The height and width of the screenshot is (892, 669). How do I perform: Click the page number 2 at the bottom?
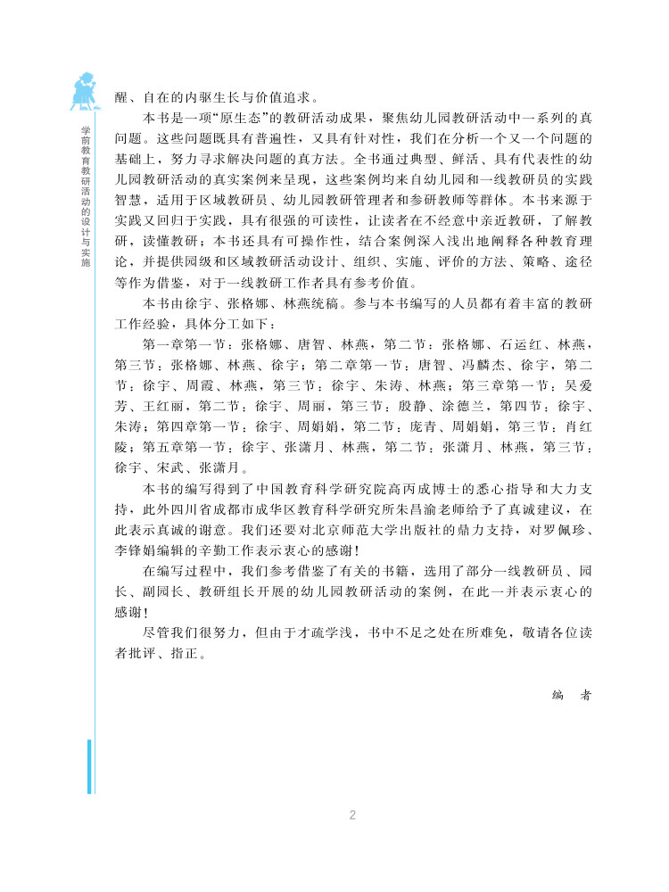352,814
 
